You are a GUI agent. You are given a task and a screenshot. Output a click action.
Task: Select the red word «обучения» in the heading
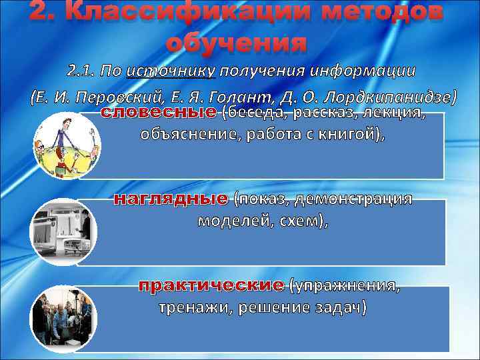(x=237, y=44)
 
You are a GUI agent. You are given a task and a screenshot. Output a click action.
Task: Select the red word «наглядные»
(x=171, y=199)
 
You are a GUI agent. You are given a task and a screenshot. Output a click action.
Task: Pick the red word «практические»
(x=211, y=286)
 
